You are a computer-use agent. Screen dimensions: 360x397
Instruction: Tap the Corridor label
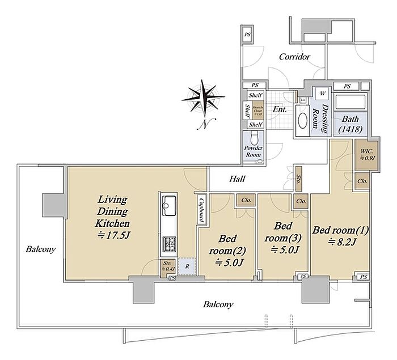(294, 57)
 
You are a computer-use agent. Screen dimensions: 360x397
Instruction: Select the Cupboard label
(202, 210)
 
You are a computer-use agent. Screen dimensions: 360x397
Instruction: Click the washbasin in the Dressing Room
(301, 119)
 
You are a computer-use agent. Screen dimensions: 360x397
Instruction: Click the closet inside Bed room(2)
(246, 200)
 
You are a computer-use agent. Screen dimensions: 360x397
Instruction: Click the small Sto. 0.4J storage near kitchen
(168, 266)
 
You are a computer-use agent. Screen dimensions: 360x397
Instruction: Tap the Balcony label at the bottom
(218, 304)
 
